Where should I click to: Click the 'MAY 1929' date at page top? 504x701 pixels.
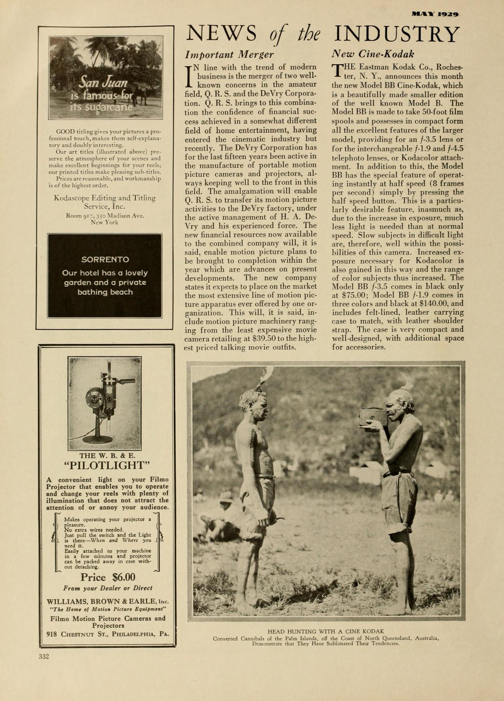click(x=435, y=14)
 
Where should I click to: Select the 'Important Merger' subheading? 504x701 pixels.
click(x=229, y=54)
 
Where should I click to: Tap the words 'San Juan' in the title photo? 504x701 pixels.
click(x=104, y=83)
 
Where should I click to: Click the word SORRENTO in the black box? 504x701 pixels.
click(x=105, y=259)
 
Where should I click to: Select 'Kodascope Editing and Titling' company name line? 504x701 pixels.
click(x=105, y=198)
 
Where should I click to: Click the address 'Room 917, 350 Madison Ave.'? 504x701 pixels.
click(x=105, y=216)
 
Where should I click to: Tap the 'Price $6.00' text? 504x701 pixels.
click(x=108, y=577)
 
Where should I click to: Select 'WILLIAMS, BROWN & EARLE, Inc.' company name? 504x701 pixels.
click(x=107, y=601)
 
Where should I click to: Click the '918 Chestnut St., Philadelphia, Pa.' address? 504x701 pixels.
click(x=107, y=634)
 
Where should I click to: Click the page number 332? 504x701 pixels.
click(x=44, y=656)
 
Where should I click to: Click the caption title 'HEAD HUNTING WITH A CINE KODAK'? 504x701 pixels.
click(x=325, y=631)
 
